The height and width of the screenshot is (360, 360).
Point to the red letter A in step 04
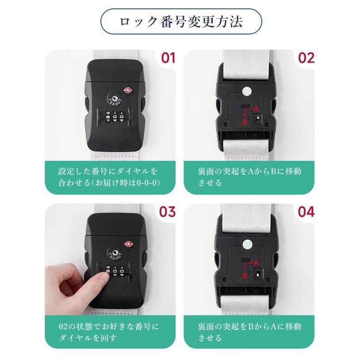[256, 262]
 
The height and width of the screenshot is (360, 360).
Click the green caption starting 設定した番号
[111, 176]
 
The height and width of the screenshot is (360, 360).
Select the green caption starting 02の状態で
[111, 332]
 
